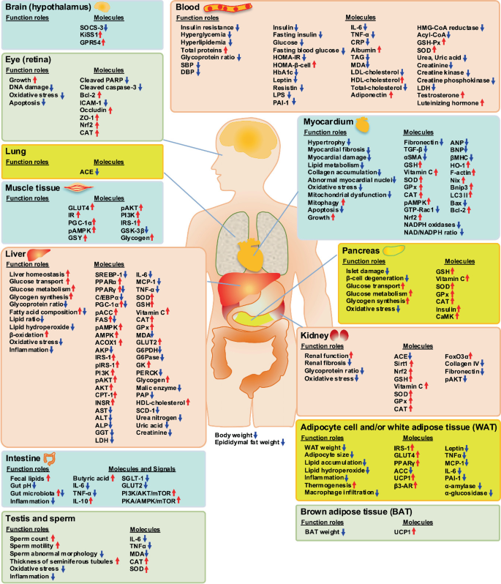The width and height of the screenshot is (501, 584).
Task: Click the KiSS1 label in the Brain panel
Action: pyautogui.click(x=88, y=35)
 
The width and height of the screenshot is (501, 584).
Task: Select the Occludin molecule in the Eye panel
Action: pyautogui.click(x=93, y=111)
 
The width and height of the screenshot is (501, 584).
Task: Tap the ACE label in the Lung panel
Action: pyautogui.click(x=86, y=172)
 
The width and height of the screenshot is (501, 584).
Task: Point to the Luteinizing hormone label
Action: pyautogui.click(x=448, y=103)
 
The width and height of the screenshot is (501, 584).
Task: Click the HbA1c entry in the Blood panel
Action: pyautogui.click(x=283, y=72)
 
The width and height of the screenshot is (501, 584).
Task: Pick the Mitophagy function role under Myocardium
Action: pyautogui.click(x=323, y=203)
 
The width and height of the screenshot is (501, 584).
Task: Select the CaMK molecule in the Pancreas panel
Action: pyautogui.click(x=445, y=317)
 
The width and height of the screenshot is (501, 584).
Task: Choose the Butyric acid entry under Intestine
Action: pyautogui.click(x=91, y=478)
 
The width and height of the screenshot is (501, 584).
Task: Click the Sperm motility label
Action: pyautogui.click(x=31, y=546)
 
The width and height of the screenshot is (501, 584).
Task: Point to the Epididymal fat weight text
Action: pyautogui.click(x=247, y=443)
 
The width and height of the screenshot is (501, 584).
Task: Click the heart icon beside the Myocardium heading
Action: pyautogui.click(x=363, y=124)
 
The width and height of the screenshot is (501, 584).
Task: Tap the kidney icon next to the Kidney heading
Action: pyautogui.click(x=339, y=336)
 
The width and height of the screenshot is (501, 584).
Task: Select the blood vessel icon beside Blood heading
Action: pyautogui.click(x=227, y=7)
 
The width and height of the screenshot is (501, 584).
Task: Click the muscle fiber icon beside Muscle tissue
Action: pyautogui.click(x=78, y=188)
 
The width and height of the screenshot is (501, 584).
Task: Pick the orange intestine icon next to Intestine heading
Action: pyautogui.click(x=50, y=458)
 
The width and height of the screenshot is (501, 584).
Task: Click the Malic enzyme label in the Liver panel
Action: pyautogui.click(x=157, y=388)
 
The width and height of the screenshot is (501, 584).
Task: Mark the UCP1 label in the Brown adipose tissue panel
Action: pyautogui.click(x=402, y=532)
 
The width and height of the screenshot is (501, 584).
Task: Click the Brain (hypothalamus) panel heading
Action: pyautogui.click(x=48, y=7)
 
